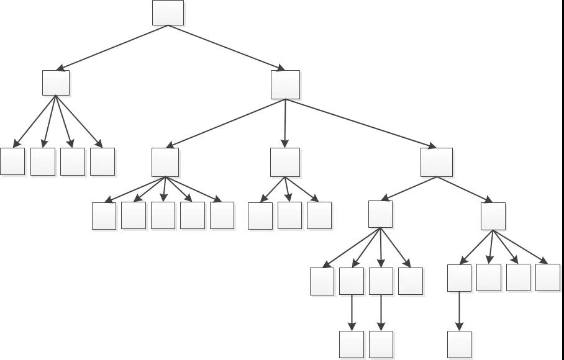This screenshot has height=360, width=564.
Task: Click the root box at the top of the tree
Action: click(x=168, y=12)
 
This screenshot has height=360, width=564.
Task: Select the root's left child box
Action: click(x=56, y=83)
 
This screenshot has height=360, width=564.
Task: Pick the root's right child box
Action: click(x=285, y=84)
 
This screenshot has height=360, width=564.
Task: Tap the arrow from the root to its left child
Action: click(x=112, y=47)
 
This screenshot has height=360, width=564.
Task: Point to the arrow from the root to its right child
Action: click(x=227, y=48)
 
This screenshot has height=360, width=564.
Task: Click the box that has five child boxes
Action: click(x=165, y=162)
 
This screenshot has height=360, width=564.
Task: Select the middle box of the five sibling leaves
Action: click(x=163, y=215)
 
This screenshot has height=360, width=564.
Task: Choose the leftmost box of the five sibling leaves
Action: click(x=104, y=215)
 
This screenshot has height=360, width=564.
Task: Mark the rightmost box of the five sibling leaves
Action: click(x=222, y=215)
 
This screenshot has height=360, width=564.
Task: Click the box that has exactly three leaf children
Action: click(x=285, y=162)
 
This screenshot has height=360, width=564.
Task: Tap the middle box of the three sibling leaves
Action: click(x=289, y=215)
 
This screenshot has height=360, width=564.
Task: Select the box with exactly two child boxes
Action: click(x=436, y=162)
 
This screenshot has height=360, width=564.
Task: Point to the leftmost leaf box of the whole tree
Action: click(x=12, y=161)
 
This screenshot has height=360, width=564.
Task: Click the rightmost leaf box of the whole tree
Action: click(x=547, y=277)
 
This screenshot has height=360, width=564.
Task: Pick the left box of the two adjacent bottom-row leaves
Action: click(x=352, y=344)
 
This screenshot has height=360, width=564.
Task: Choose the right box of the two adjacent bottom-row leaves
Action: click(x=381, y=344)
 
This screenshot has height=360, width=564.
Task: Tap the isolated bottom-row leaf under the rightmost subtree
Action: click(x=459, y=344)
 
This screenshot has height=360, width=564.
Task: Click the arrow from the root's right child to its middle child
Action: click(x=285, y=124)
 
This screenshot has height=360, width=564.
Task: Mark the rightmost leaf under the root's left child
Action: click(x=102, y=161)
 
